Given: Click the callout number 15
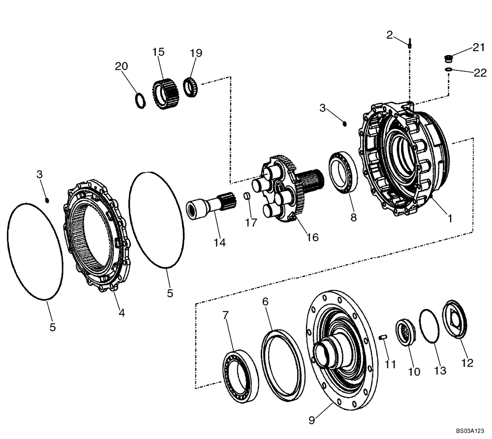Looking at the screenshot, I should click(158, 52).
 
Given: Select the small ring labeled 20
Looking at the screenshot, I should click(140, 101).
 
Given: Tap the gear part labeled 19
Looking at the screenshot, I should click(189, 86).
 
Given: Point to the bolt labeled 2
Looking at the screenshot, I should click(409, 44).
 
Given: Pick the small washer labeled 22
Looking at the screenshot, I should click(449, 70).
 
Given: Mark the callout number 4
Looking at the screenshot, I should click(121, 312).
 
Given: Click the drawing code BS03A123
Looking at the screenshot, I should click(470, 430).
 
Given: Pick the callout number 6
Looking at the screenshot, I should click(266, 302).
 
